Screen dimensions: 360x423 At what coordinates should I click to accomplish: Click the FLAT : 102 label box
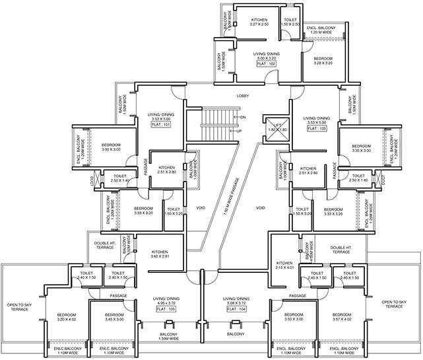coord(265,63)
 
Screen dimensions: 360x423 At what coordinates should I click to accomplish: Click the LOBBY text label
coord(243,96)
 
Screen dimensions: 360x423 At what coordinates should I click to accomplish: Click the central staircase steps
coord(211,120)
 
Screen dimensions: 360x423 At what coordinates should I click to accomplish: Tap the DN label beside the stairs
coord(243,117)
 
